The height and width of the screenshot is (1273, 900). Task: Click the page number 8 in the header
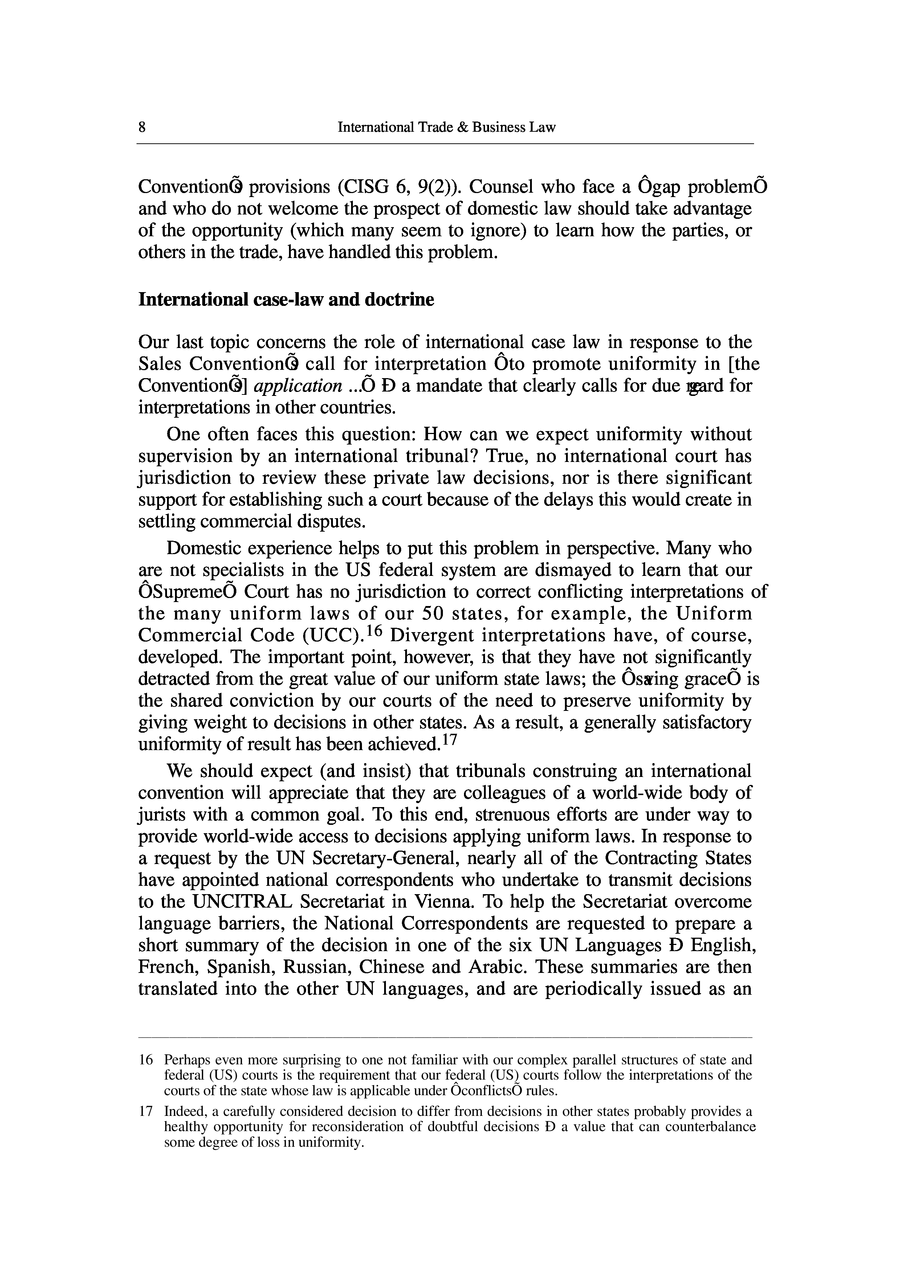(142, 127)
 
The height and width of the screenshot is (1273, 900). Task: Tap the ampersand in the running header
(465, 127)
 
